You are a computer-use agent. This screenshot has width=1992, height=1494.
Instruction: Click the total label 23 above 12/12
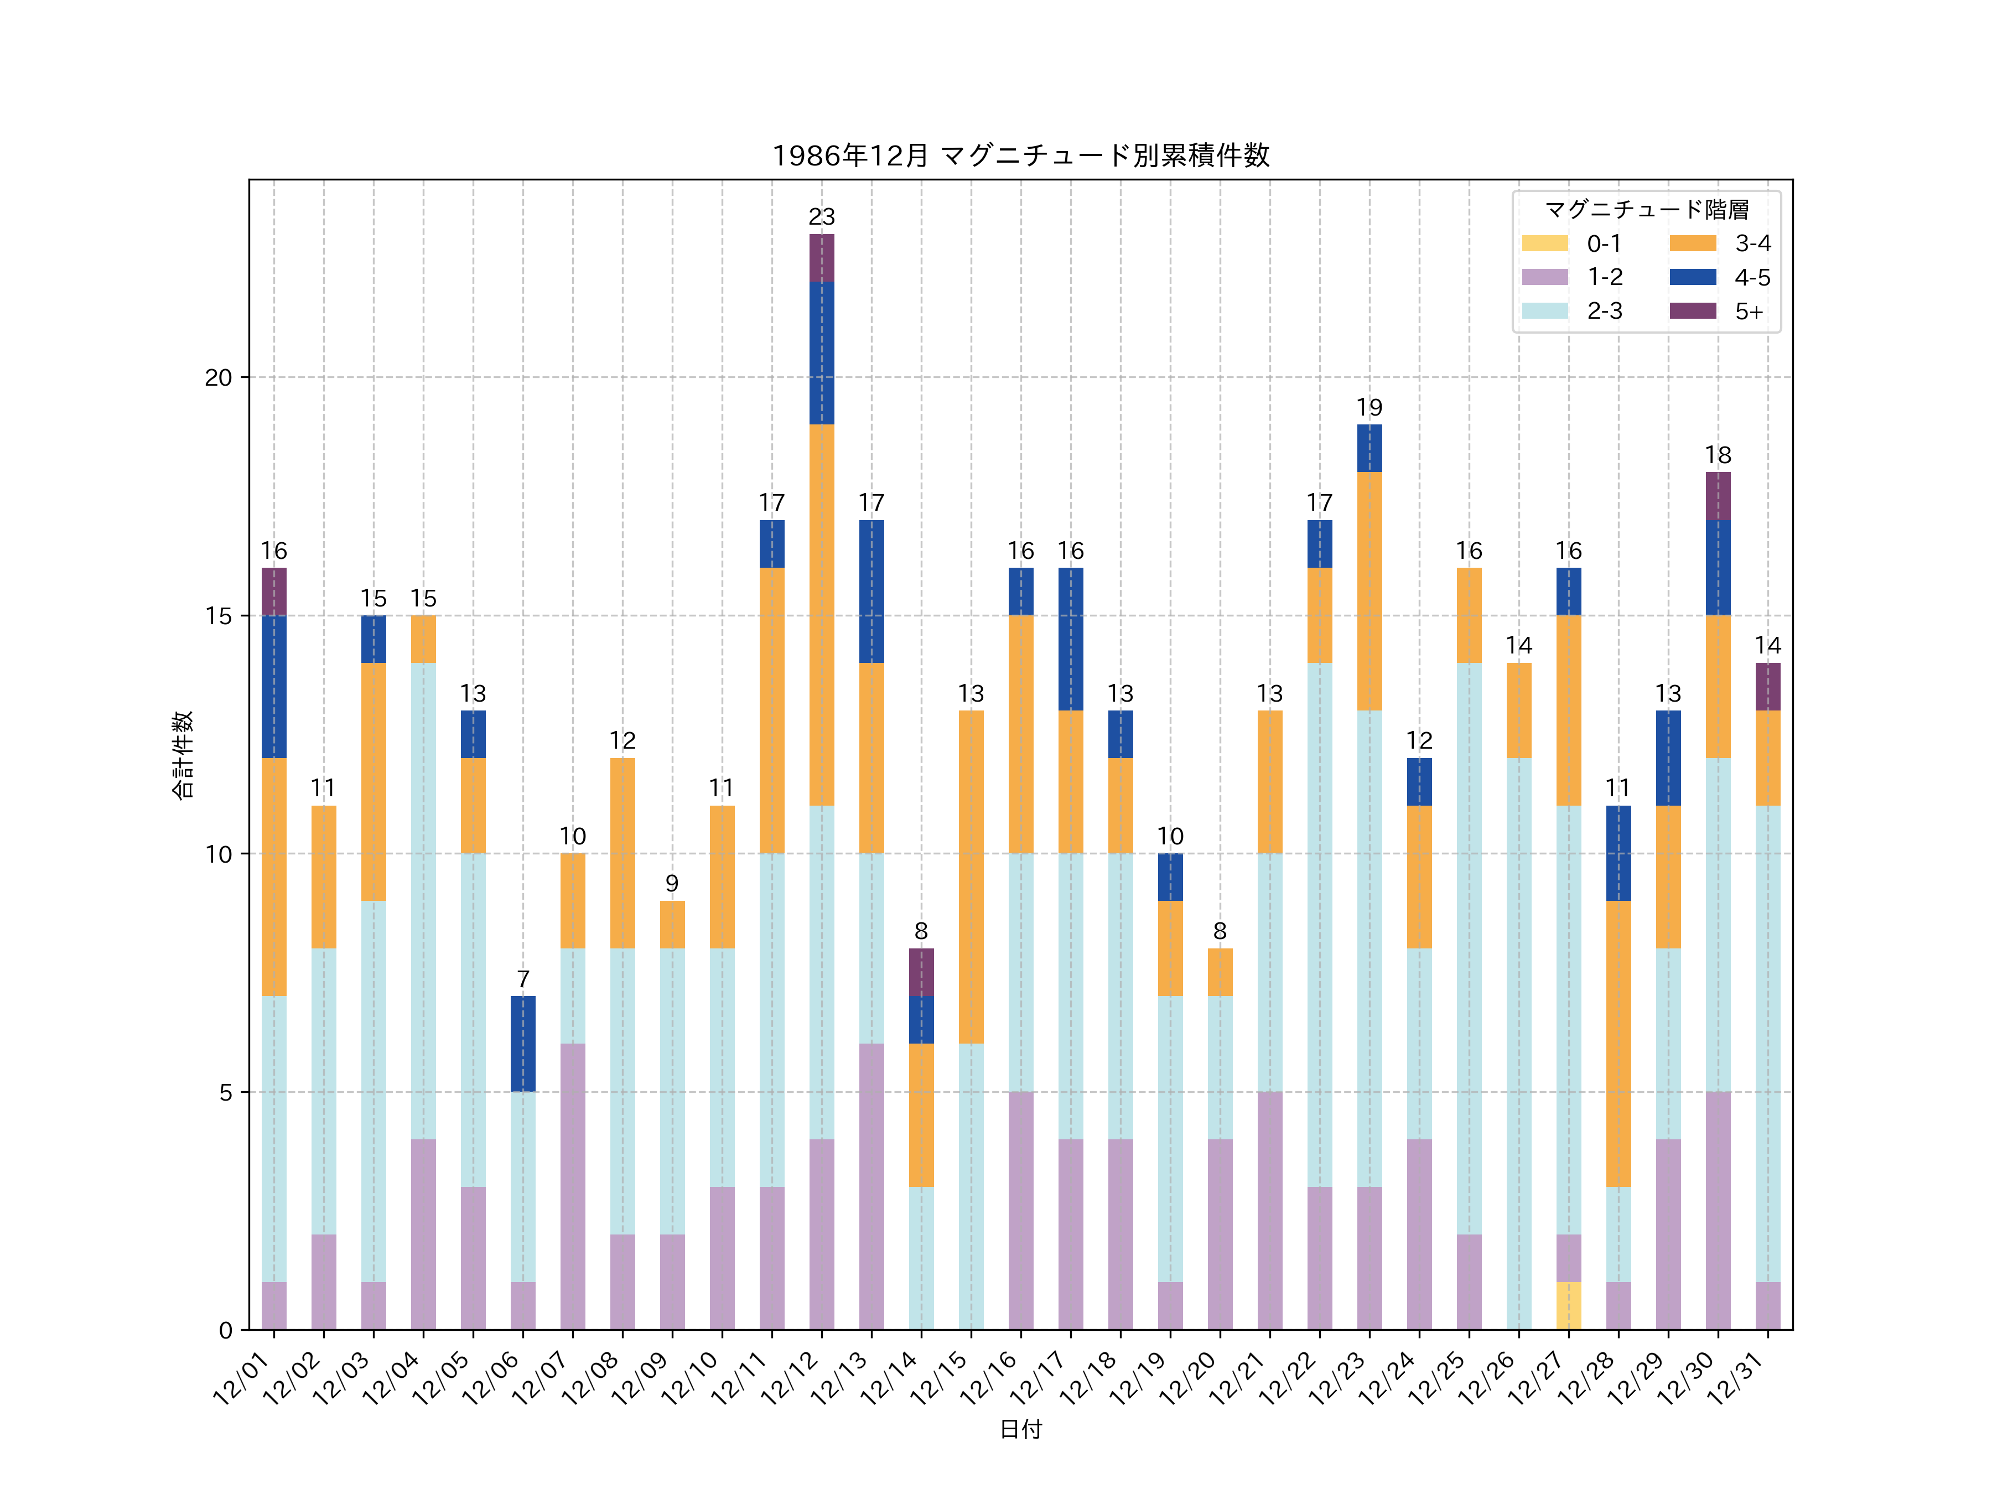(x=821, y=217)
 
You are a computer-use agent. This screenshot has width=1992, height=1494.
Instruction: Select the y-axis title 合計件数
(x=183, y=755)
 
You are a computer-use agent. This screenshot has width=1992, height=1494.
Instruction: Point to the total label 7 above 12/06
(x=523, y=979)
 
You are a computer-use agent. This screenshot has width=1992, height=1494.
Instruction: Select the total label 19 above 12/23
(x=1369, y=408)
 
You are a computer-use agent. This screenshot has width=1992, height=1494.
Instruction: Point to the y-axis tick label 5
(x=225, y=1092)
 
